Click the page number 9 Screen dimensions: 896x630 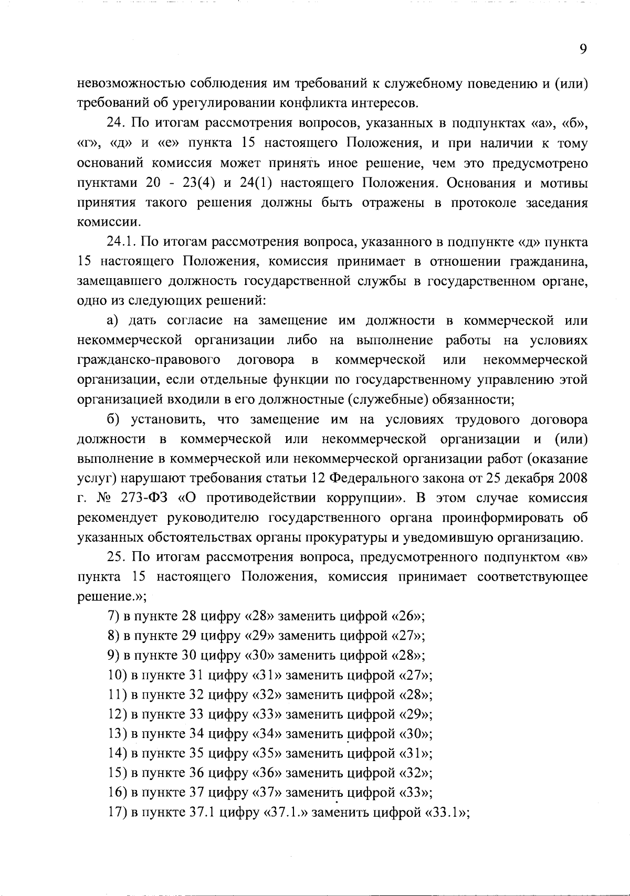[x=583, y=49]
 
